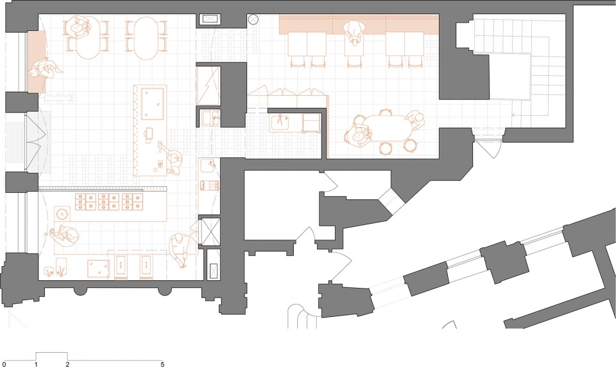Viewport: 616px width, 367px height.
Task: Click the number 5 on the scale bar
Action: [x=162, y=364]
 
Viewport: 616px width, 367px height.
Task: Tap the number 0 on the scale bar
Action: [x=4, y=364]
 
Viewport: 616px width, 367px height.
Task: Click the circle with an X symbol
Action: [x=253, y=19]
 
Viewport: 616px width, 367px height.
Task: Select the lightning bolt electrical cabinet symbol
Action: [x=208, y=85]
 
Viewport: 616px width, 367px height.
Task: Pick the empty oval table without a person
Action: [x=146, y=38]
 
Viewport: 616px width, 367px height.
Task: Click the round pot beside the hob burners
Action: [x=62, y=213]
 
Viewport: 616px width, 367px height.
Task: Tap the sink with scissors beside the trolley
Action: [x=281, y=121]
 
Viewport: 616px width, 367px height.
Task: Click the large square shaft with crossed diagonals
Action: [x=210, y=231]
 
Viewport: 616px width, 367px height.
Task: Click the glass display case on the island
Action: [x=152, y=103]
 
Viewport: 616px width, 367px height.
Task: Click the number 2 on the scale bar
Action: [x=67, y=364]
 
